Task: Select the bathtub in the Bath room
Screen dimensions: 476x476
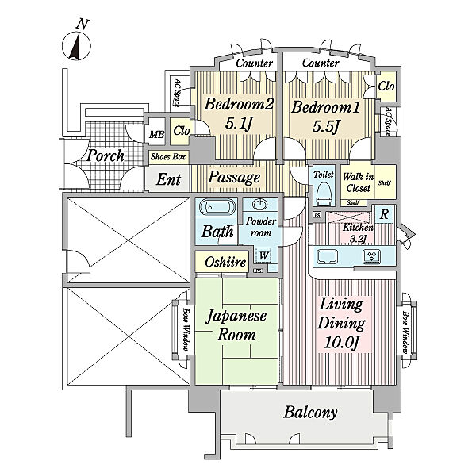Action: (217, 207)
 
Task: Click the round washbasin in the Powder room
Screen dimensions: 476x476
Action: (260, 205)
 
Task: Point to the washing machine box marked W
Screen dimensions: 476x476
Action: (263, 255)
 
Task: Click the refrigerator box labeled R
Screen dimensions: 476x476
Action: (384, 214)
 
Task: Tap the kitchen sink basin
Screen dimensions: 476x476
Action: (327, 257)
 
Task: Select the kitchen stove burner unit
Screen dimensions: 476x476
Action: (372, 256)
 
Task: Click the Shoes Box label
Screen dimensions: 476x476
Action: (168, 157)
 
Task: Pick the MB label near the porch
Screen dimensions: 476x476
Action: (157, 134)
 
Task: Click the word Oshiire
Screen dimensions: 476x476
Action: (225, 262)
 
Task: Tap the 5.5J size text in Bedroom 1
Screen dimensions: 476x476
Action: (325, 126)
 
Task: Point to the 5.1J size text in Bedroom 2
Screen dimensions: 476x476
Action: (239, 123)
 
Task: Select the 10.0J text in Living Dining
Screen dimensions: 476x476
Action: (342, 343)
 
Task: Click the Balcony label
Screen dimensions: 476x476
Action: (310, 413)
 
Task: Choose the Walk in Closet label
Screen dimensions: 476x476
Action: (359, 182)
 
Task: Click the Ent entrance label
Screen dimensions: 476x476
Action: (169, 179)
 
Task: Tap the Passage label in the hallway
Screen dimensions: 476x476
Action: (234, 177)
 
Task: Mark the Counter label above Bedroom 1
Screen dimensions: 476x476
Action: (321, 63)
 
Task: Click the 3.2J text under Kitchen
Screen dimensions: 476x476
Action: (359, 239)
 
